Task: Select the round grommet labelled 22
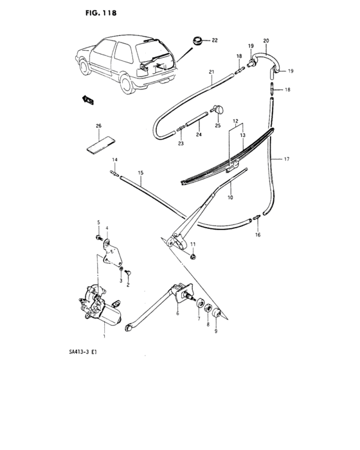pos(194,41)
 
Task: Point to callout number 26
pos(98,126)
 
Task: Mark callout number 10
pos(230,198)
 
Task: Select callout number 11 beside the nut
pos(192,245)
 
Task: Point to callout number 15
pos(139,173)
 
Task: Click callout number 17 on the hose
pos(287,158)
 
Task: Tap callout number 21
pos(211,73)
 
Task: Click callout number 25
pos(218,125)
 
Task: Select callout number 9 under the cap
pos(215,332)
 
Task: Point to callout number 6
pos(176,314)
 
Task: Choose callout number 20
pos(266,41)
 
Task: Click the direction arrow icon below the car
pos(85,98)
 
